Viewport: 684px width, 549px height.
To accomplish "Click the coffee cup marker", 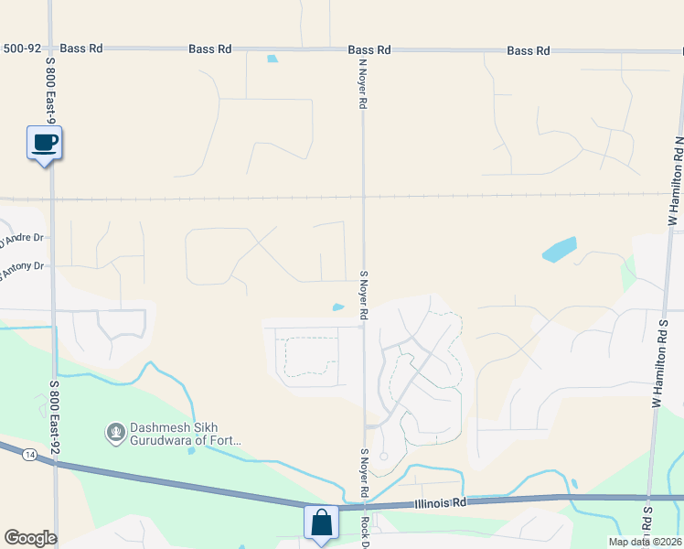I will click(44, 143).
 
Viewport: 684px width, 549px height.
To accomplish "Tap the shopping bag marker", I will click(321, 523).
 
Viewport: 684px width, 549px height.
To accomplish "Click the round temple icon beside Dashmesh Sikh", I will click(115, 431).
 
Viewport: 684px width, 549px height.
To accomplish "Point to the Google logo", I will click(30, 538).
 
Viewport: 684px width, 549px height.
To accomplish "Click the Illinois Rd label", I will click(440, 502).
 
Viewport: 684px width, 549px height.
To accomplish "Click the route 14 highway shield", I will click(31, 454).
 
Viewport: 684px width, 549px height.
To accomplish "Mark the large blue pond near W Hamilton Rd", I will click(559, 249).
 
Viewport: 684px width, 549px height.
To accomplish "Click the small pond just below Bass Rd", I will click(273, 59).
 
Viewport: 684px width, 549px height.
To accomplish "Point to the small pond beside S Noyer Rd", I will click(338, 307).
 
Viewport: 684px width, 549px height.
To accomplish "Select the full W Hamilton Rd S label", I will click(656, 358).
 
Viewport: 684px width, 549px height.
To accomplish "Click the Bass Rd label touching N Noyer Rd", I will click(369, 49).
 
